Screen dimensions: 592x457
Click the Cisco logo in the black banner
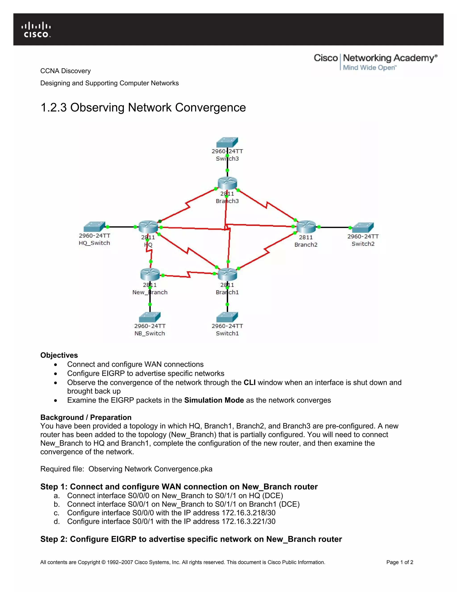coord(36,30)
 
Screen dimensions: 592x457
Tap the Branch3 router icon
coord(227,183)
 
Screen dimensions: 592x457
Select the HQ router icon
coord(148,227)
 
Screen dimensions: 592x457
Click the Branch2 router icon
coord(306,227)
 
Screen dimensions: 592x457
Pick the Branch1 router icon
coord(227,274)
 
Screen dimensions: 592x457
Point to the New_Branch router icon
coord(150,274)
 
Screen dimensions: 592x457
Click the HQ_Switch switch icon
coord(94,227)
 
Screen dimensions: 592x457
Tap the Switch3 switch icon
coord(227,142)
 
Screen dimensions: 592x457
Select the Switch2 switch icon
coord(363,227)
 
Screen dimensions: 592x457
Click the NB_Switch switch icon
coord(150,317)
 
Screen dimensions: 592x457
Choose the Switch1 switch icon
coord(227,317)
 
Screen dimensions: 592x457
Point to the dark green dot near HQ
coord(160,221)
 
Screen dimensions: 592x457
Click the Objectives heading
coord(59,355)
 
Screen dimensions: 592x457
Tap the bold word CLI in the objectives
coord(249,382)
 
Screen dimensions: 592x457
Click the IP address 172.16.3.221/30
coord(249,521)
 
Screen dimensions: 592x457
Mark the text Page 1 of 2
coord(400,562)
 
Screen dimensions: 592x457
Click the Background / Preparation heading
coord(86,417)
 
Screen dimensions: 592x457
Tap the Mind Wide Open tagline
coord(370,68)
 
